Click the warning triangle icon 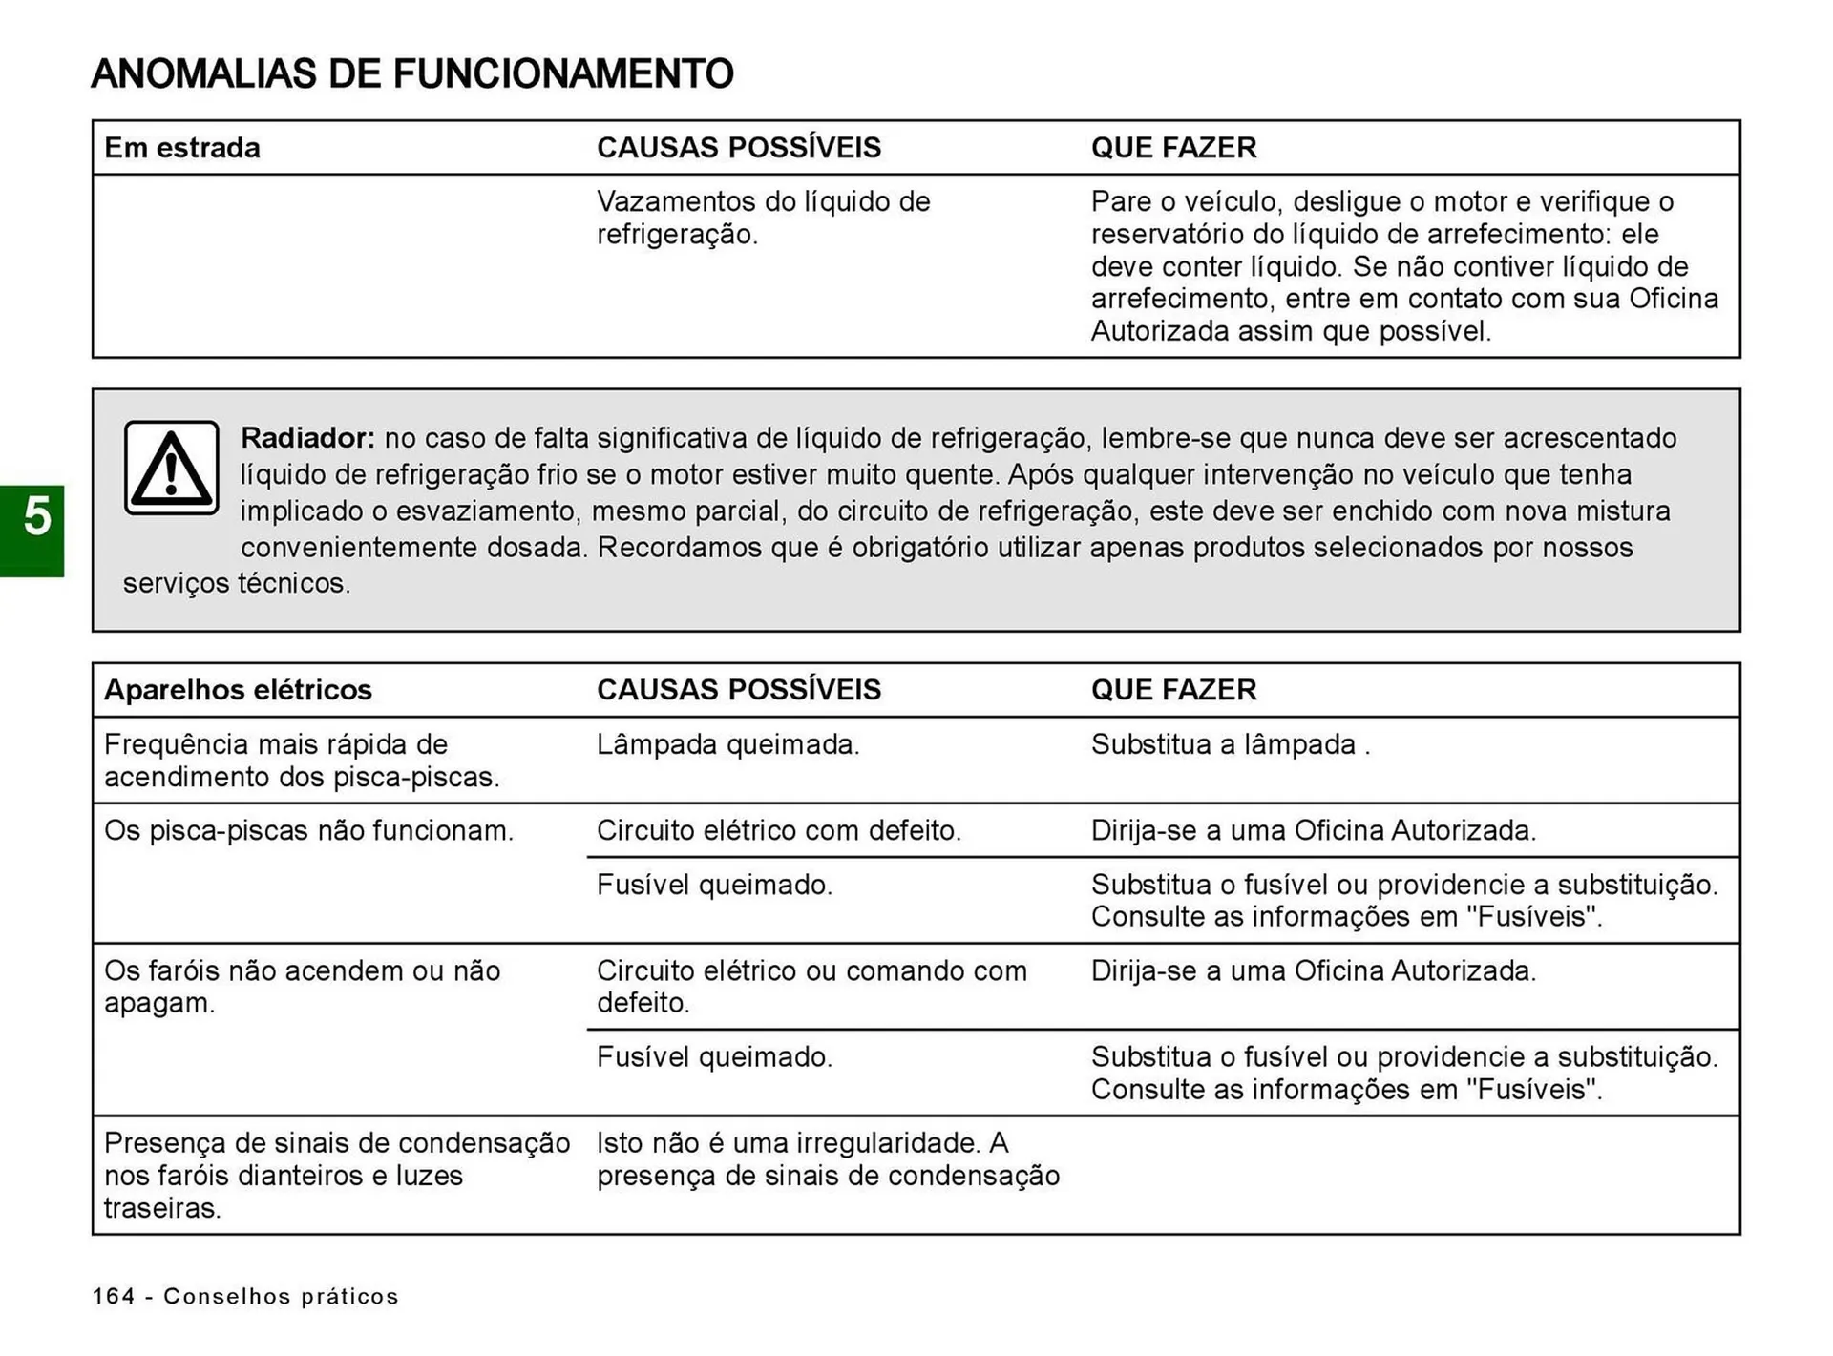click(x=172, y=468)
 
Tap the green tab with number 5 click(x=33, y=530)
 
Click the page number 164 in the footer click(x=114, y=1296)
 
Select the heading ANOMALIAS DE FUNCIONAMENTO click(x=412, y=74)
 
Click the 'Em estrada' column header click(x=182, y=148)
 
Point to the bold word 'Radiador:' click(x=307, y=438)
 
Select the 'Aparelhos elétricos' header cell click(x=238, y=690)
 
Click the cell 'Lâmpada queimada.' click(x=728, y=744)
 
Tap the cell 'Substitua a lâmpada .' click(x=1231, y=744)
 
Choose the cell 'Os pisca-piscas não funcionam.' click(x=308, y=830)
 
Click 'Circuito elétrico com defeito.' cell click(x=779, y=830)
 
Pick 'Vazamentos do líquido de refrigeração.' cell click(x=763, y=218)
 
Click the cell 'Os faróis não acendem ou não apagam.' click(x=302, y=987)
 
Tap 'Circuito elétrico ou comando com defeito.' click(x=811, y=987)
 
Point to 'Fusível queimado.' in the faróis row click(x=715, y=1056)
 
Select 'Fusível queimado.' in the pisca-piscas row click(x=715, y=885)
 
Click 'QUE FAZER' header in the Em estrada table click(x=1173, y=148)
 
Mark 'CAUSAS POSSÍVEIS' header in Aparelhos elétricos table click(x=739, y=690)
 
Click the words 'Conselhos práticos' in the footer click(x=281, y=1296)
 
